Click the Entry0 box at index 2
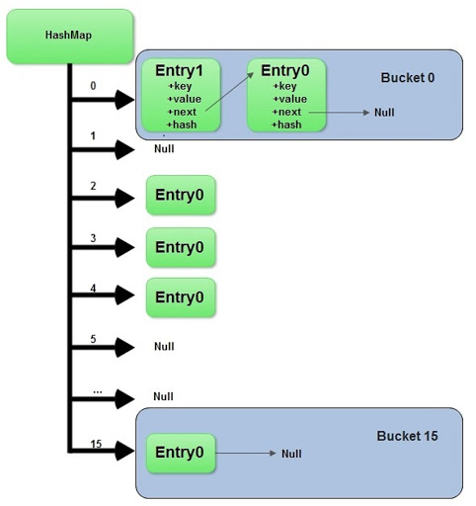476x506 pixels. point(180,196)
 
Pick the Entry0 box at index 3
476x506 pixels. point(180,247)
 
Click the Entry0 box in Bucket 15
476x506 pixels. point(180,453)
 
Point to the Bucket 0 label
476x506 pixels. point(408,78)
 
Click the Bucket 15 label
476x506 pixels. point(407,435)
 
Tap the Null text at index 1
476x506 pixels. point(164,149)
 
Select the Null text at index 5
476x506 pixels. point(164,347)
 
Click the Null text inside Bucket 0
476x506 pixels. point(384,113)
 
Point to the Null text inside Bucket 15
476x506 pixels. point(290,454)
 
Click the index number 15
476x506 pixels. point(95,445)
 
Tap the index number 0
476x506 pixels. point(93,86)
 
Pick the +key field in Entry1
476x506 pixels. point(181,86)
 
